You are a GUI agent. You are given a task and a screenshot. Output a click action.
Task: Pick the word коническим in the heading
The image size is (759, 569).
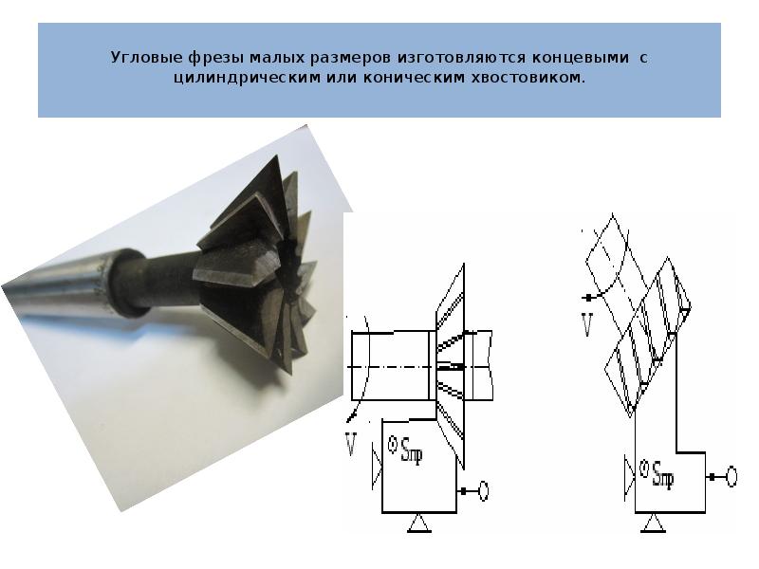coord(414,78)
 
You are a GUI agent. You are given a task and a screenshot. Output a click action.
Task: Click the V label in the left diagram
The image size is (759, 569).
coord(352,444)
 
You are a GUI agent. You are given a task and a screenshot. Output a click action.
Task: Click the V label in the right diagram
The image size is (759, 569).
coord(587,324)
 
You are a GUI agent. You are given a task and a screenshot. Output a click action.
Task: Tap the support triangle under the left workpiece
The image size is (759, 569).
coord(419,523)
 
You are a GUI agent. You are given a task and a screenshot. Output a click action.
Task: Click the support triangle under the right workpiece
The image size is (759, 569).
coord(653,523)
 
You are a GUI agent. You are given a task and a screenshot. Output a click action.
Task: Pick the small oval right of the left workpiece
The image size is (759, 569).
coord(483,491)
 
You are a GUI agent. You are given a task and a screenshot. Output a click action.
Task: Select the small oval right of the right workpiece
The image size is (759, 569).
coord(731,477)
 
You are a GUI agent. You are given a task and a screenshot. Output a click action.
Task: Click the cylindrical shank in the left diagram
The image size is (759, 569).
coord(390,365)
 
